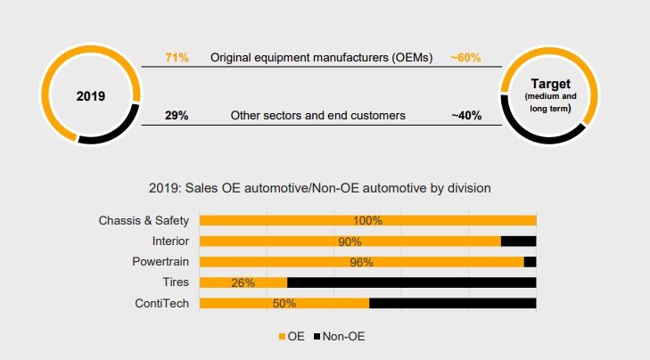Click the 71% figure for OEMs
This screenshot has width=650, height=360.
(x=177, y=58)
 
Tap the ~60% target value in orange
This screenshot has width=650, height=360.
(x=465, y=58)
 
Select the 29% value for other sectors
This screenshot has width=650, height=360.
(x=177, y=115)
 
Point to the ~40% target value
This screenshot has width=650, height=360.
(x=466, y=115)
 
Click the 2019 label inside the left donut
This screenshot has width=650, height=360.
(x=91, y=96)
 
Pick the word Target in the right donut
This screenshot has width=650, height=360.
(x=550, y=84)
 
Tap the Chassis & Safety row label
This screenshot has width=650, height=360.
(x=144, y=220)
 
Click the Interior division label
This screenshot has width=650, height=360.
(x=170, y=241)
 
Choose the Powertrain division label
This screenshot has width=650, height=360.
(x=160, y=262)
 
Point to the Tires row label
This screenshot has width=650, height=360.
(x=176, y=282)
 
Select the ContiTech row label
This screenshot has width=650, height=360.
(x=161, y=303)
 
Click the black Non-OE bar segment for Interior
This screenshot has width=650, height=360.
(x=519, y=241)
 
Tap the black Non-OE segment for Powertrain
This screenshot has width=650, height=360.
(x=531, y=262)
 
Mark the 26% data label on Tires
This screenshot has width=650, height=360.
(x=243, y=283)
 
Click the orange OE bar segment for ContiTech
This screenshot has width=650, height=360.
(x=284, y=303)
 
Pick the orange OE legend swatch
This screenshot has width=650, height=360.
(x=283, y=337)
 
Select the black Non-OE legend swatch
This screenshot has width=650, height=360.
(x=317, y=337)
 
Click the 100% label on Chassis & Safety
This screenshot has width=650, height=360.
(x=367, y=221)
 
